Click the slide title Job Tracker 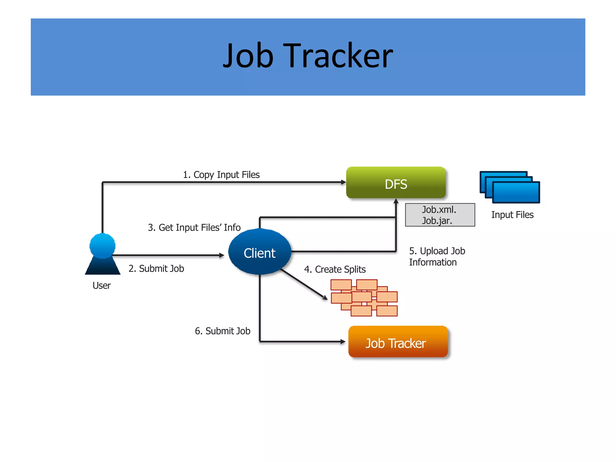pos(308,56)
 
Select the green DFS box pos(396,183)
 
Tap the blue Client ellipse pos(260,252)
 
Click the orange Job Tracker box pos(398,342)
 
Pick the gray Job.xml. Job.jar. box pos(440,215)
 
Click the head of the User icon pos(102,245)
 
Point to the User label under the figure pos(102,285)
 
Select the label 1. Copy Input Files pos(221,174)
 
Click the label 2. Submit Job pos(156,268)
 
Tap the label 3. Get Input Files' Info pos(194,227)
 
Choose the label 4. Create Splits pos(335,269)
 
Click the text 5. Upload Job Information pos(437,256)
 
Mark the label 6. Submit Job pos(222,331)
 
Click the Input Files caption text pos(512,215)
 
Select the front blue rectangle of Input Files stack pos(516,192)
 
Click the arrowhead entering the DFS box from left pos(343,182)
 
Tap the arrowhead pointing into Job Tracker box pos(343,341)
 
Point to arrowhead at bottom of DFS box pos(396,201)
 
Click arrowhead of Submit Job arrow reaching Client pos(222,255)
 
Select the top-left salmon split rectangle pos(341,285)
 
